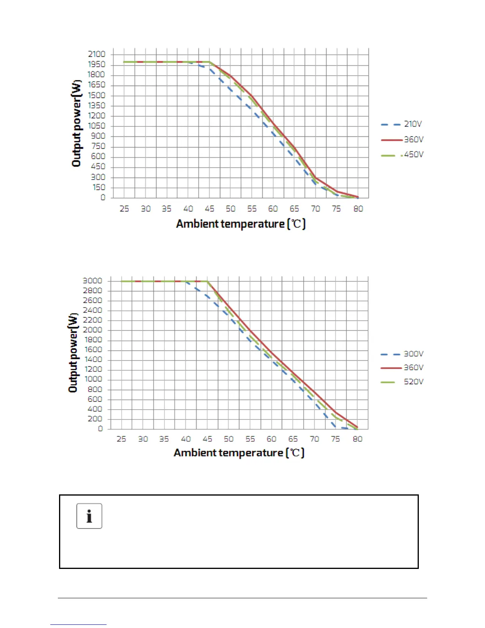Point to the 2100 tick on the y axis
click(97, 54)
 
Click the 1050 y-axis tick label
click(97, 126)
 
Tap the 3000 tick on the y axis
click(92, 281)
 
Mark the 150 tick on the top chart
click(99, 187)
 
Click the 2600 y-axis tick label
click(92, 300)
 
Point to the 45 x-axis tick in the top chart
click(209, 209)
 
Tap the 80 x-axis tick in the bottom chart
click(357, 439)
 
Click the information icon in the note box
click(89, 516)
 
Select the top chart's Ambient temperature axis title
click(241, 224)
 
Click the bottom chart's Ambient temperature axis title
click(239, 453)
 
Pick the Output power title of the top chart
click(76, 123)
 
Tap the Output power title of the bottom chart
click(73, 353)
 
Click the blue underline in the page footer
click(78, 624)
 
